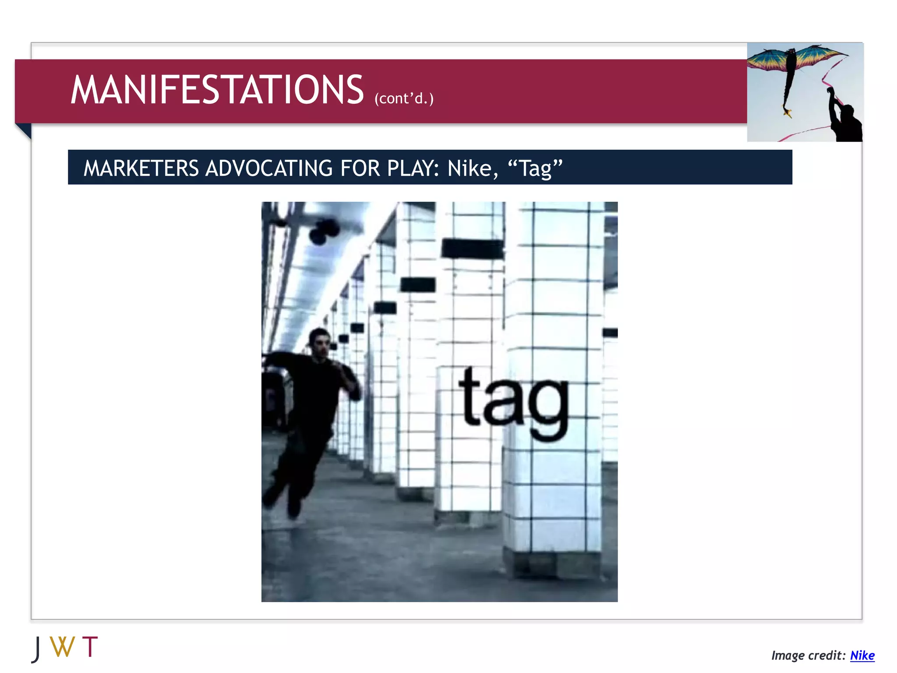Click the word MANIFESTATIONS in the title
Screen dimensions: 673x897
(217, 90)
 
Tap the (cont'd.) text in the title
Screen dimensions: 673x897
(404, 98)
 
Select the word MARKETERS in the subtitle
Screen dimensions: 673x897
(141, 168)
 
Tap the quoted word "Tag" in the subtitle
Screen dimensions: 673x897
(535, 168)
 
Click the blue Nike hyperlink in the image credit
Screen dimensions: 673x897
(862, 655)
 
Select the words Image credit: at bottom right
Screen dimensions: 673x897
(809, 655)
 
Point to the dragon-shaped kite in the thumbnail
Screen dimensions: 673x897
(793, 66)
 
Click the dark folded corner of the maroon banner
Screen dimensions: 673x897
(24, 131)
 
